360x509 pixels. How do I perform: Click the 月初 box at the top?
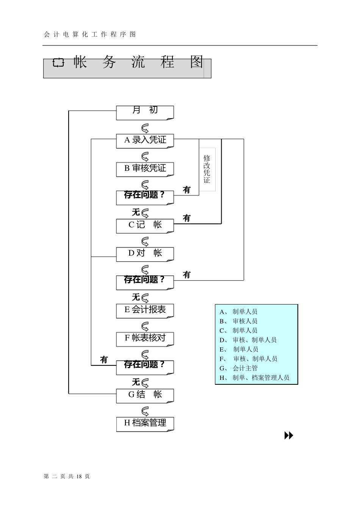click(x=145, y=112)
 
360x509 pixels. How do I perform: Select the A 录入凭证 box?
click(x=145, y=141)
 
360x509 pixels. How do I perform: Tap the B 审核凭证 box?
click(x=145, y=169)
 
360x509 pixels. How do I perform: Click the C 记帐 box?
click(x=145, y=226)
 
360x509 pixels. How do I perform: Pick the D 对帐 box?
click(x=145, y=254)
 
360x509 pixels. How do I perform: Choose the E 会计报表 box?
click(x=145, y=311)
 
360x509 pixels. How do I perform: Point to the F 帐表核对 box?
click(x=145, y=339)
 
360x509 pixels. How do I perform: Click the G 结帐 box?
click(x=145, y=395)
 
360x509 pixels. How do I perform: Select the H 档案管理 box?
click(x=145, y=424)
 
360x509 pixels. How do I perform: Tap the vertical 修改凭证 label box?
click(x=207, y=169)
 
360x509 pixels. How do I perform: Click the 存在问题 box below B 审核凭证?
click(x=145, y=197)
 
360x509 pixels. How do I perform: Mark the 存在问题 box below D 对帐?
click(x=145, y=282)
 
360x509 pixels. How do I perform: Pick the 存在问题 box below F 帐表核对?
click(x=145, y=367)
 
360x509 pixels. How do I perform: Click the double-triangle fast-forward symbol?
click(x=289, y=436)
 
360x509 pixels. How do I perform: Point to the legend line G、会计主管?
click(x=239, y=368)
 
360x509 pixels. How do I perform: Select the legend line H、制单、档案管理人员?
click(x=254, y=378)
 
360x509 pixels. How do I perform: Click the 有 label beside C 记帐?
click(x=187, y=218)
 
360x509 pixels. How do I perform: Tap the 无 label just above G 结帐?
click(x=136, y=382)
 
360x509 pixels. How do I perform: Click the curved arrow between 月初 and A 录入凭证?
click(x=145, y=128)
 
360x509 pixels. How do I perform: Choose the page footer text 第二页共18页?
click(x=67, y=476)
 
